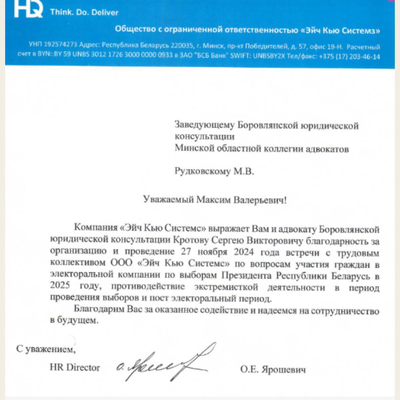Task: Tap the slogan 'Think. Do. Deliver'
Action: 84,12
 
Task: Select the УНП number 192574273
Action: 60,45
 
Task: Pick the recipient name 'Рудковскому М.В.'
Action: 214,171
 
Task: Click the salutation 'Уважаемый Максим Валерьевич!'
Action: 215,200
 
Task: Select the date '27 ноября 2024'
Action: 218,252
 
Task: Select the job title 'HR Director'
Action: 75,367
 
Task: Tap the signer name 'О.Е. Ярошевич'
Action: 273,369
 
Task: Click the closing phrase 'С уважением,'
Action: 46,349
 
